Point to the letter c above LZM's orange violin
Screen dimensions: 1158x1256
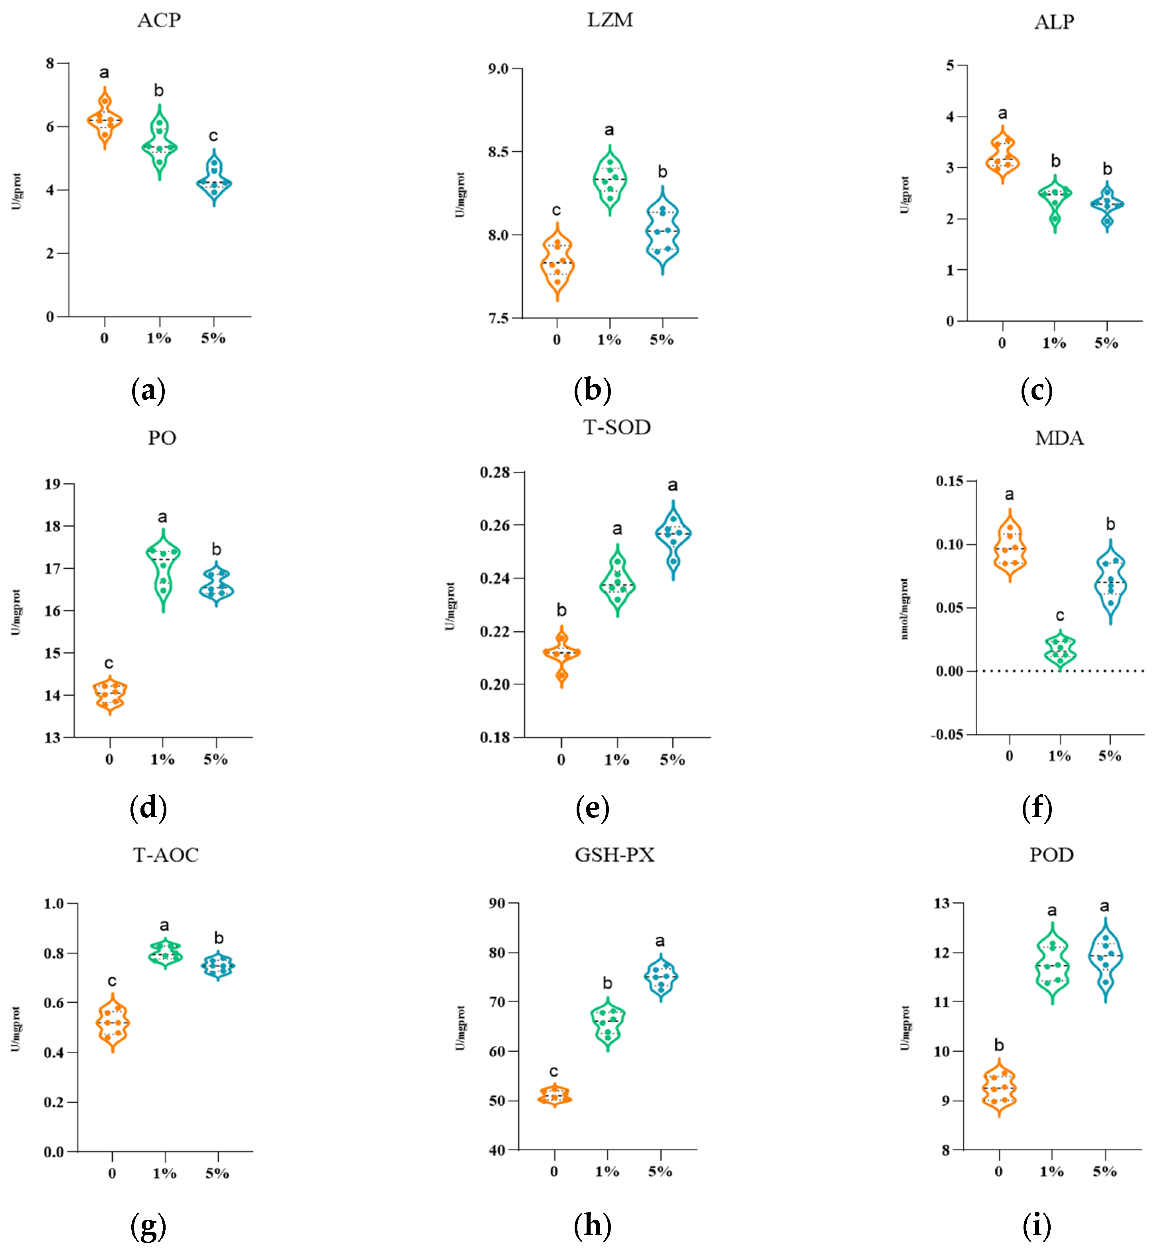tap(556, 211)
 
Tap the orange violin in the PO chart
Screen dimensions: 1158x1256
tap(110, 694)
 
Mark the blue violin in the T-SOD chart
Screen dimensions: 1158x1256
tap(674, 540)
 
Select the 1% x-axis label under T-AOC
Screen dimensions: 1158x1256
tap(165, 1173)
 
